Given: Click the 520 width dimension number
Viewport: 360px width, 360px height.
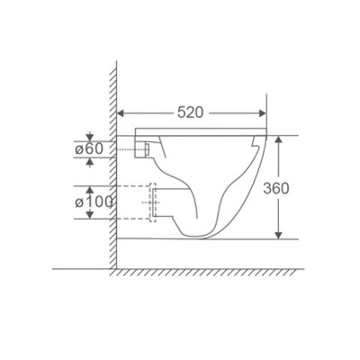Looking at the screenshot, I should point(189,112).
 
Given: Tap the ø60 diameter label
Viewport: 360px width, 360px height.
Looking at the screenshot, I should point(93,148).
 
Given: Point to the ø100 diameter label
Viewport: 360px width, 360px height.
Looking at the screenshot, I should point(95,202).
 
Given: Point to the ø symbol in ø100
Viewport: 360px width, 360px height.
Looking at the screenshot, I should point(80,202).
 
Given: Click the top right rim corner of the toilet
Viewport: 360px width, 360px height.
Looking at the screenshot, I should point(268,136).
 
